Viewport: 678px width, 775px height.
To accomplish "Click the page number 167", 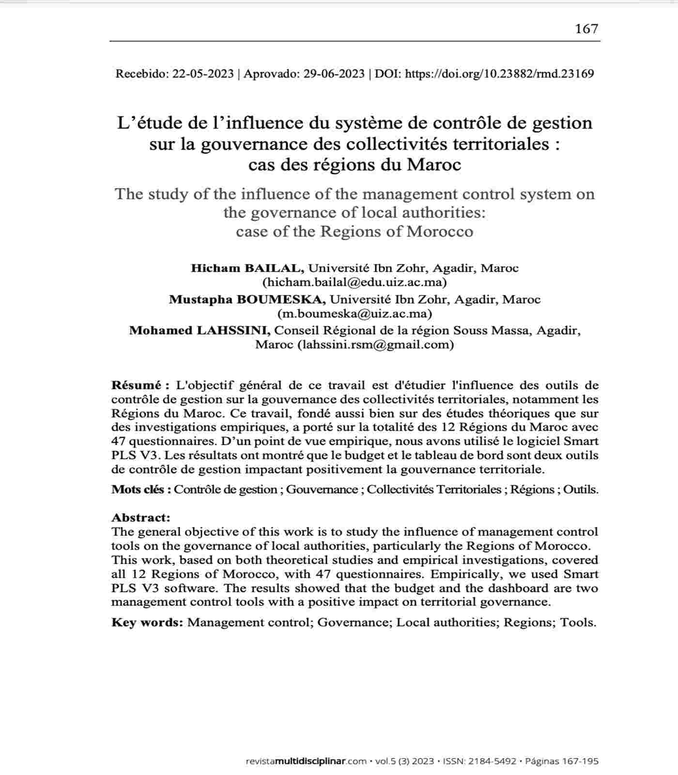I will (x=586, y=29).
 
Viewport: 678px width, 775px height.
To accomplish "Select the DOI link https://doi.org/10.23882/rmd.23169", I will (x=499, y=74).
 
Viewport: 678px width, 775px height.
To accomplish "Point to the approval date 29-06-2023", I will (x=334, y=74).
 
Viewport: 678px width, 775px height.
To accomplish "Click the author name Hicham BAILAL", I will (x=247, y=268).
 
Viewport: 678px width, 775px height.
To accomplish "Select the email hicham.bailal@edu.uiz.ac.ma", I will (x=354, y=282).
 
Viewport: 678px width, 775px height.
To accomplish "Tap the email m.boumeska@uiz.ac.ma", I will (x=354, y=313).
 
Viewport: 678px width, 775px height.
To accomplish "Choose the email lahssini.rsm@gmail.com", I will (x=375, y=344).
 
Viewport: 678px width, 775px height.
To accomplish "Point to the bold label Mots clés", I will (x=141, y=489).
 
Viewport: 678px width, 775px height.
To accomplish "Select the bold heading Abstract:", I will (x=141, y=517).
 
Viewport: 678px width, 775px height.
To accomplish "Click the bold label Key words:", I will (x=147, y=622).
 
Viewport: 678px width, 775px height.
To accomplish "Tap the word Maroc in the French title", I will (x=434, y=165).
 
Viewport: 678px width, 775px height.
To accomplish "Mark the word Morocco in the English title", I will (x=440, y=232).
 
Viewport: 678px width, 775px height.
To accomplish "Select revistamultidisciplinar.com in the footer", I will (x=306, y=761).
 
